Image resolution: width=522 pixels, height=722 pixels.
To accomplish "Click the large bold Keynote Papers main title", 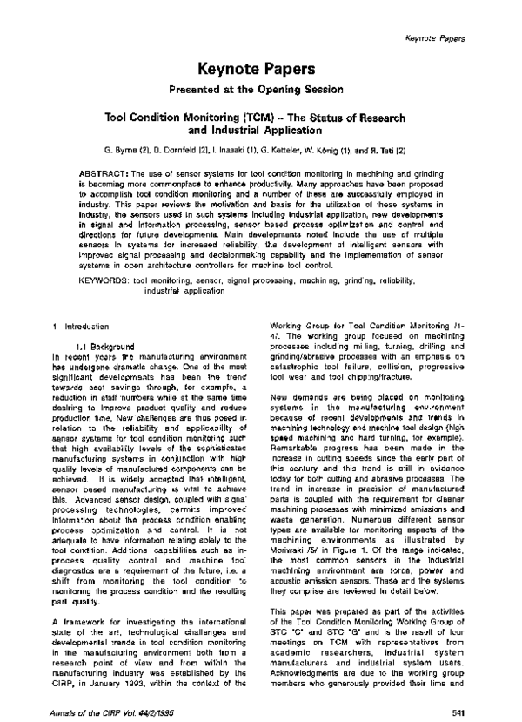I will pos(261,68).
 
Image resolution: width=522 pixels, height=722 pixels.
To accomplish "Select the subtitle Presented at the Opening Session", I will pos(261,88).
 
